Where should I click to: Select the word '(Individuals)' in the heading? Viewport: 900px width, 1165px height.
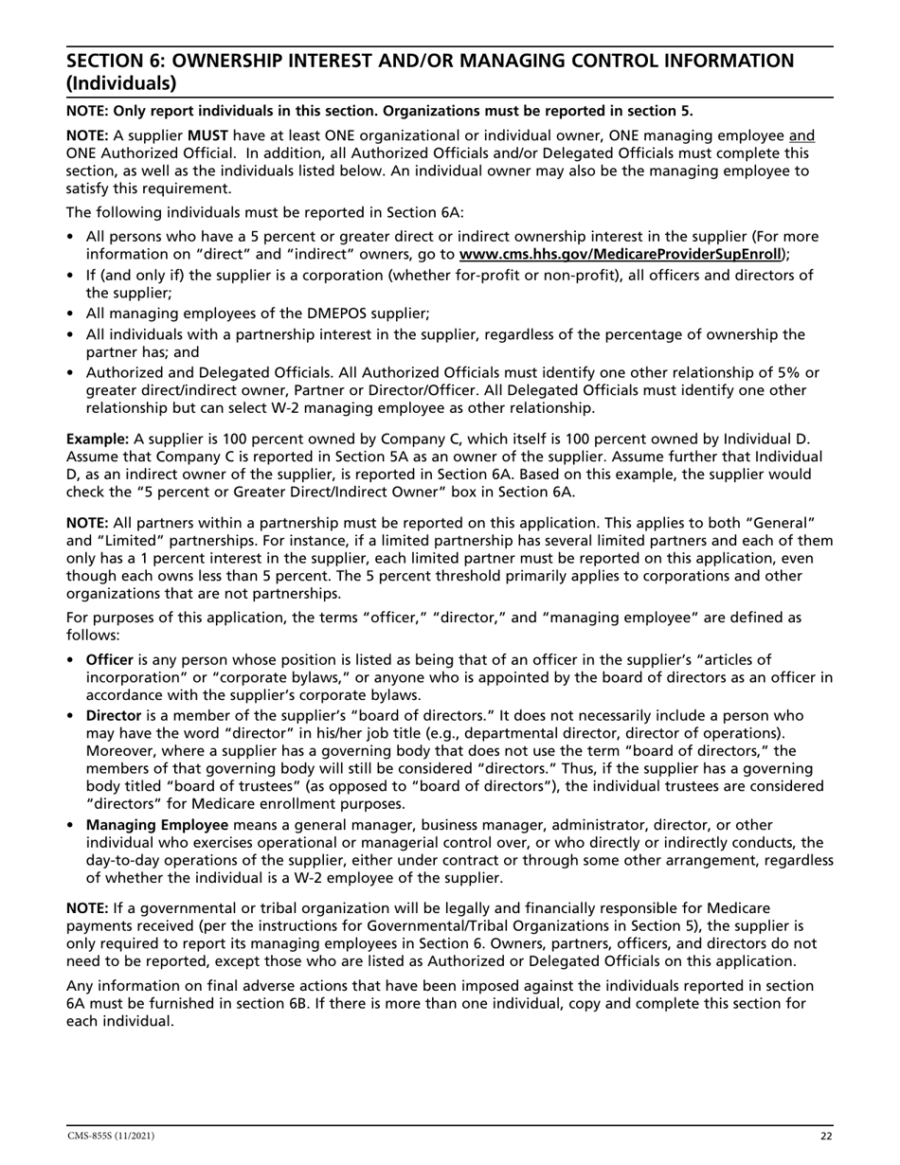coord(120,83)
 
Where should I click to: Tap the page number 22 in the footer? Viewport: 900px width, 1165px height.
coord(825,1136)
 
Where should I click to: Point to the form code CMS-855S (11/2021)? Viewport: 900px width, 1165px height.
coord(110,1136)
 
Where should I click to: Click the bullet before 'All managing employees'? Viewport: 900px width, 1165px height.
coord(72,314)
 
